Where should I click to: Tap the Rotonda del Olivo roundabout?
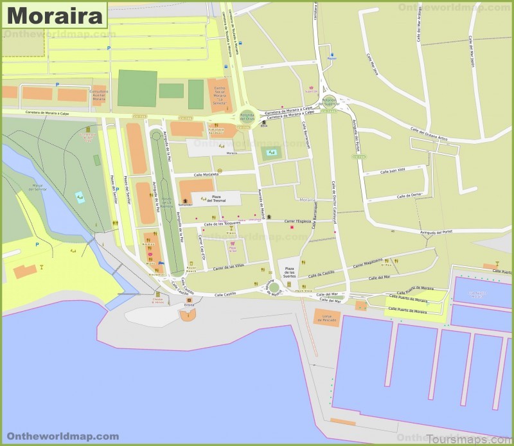coord(247,115)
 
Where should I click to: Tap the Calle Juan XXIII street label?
coord(393,171)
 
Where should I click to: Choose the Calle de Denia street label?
coord(409,195)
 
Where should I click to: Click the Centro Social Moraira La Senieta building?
coord(221,94)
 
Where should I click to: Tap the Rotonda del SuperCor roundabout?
coord(329,101)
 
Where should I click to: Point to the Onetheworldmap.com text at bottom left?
coord(62,436)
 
